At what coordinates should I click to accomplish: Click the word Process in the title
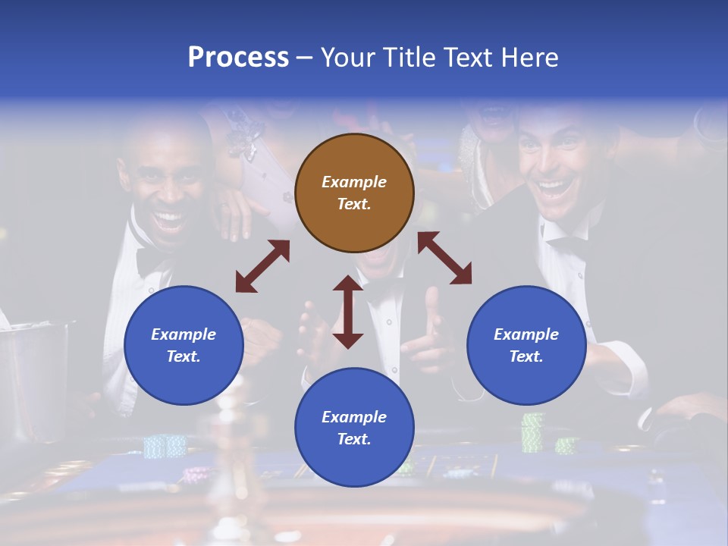[x=238, y=58]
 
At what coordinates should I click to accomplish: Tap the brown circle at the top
[x=354, y=193]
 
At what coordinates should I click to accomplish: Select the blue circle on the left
[x=184, y=345]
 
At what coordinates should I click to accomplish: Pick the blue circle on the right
[x=526, y=345]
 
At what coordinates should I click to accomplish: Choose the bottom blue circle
[x=354, y=428]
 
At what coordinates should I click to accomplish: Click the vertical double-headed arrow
[x=348, y=312]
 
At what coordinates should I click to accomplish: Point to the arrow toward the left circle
[x=262, y=266]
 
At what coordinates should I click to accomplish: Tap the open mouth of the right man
[x=556, y=189]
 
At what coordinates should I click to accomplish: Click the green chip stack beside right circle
[x=533, y=431]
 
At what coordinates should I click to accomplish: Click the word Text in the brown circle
[x=353, y=204]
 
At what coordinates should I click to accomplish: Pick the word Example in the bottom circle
[x=353, y=417]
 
